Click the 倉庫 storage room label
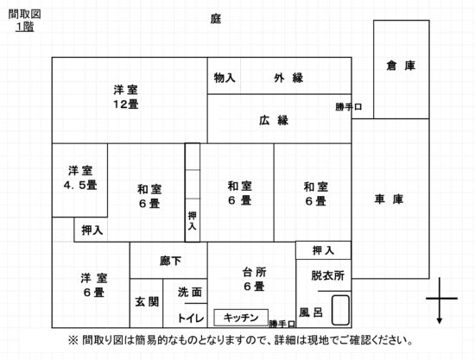click(401, 66)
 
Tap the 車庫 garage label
click(389, 199)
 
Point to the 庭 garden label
click(216, 19)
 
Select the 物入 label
click(225, 78)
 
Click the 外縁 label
click(288, 78)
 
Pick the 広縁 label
click(274, 120)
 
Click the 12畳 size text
click(126, 104)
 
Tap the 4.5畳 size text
click(80, 185)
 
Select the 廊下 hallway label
click(170, 261)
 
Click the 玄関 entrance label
click(147, 301)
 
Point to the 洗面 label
click(190, 292)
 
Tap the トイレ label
click(191, 318)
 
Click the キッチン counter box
click(241, 318)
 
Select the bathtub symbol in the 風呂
click(340, 310)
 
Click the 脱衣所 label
click(328, 275)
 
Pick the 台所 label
click(255, 272)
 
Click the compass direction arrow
click(440, 300)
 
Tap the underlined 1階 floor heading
click(25, 27)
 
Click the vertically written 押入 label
click(192, 221)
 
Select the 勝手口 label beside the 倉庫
click(349, 107)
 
